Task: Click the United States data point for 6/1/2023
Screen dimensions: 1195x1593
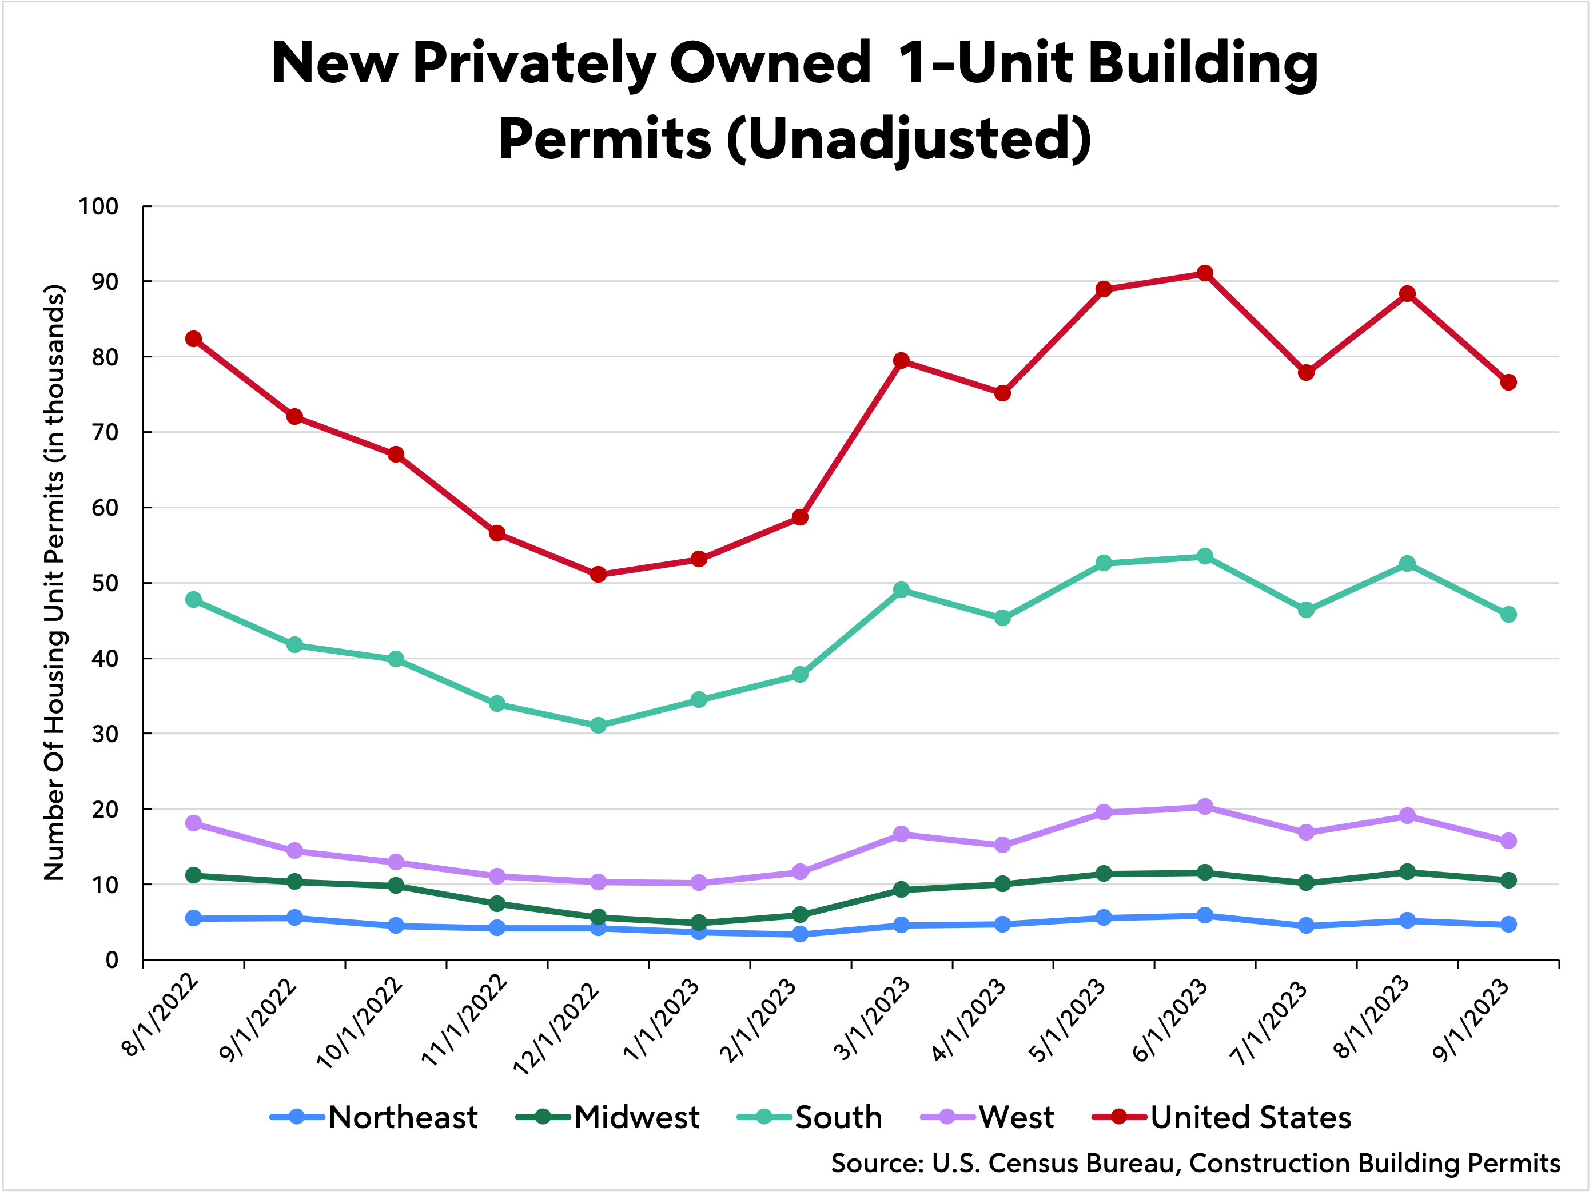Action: coord(1205,274)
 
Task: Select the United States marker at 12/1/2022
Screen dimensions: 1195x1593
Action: coord(598,574)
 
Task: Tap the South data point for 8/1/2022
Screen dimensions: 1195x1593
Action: coord(193,599)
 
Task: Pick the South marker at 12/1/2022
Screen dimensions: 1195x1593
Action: coord(598,726)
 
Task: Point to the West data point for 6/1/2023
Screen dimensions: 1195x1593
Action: coord(1205,807)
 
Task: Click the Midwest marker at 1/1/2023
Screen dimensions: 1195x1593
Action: coord(699,923)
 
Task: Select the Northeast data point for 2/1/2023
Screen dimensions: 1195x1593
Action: coord(800,934)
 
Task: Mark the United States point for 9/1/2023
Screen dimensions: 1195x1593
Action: coord(1508,383)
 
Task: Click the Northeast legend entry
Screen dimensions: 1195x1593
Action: coord(374,1117)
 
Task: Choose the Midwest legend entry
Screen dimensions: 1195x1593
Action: coord(608,1117)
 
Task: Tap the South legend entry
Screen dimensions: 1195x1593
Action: coord(810,1117)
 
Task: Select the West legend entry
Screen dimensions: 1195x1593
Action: coord(987,1117)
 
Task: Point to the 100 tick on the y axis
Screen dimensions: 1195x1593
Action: coord(99,207)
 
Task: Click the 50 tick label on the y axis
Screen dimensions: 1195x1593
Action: coord(105,583)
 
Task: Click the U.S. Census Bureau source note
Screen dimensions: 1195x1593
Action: coord(1196,1164)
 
